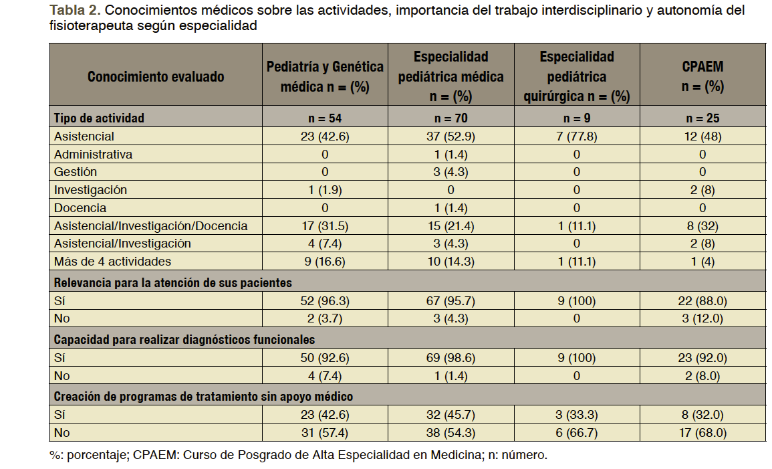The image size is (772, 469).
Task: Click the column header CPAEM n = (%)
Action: click(702, 76)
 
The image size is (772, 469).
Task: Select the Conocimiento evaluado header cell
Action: click(155, 76)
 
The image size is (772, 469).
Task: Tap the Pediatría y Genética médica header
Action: click(325, 76)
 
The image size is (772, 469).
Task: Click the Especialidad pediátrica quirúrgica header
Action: click(576, 76)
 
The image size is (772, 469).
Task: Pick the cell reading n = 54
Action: click(325, 118)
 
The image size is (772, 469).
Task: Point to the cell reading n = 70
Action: click(451, 118)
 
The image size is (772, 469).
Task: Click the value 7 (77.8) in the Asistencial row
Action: click(576, 136)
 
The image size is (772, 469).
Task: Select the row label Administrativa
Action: click(93, 155)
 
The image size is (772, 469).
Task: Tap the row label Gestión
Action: click(76, 172)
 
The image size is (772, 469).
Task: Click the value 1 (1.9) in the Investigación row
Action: click(325, 190)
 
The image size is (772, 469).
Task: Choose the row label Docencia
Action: click(80, 208)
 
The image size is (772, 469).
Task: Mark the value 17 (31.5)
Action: click(325, 226)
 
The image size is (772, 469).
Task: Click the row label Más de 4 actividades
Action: click(112, 262)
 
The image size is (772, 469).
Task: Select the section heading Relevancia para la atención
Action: click(172, 283)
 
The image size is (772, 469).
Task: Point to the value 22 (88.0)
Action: click(702, 302)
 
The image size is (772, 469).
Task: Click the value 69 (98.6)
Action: click(451, 359)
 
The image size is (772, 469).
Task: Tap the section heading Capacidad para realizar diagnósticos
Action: click(184, 340)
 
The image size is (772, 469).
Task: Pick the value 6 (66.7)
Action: click(576, 433)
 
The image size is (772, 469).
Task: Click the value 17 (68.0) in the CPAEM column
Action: click(702, 433)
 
